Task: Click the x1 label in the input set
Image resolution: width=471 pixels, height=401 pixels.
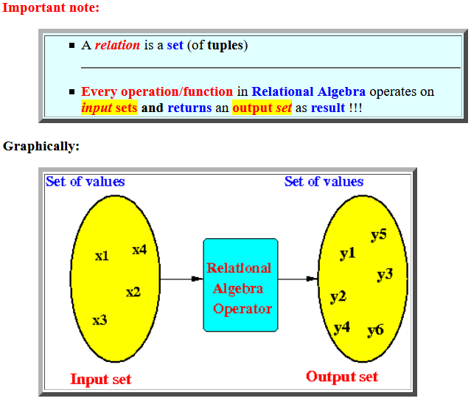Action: pyautogui.click(x=102, y=256)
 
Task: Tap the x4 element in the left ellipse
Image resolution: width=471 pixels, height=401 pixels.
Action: pyautogui.click(x=139, y=250)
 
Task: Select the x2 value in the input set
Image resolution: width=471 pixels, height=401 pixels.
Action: pyautogui.click(x=133, y=292)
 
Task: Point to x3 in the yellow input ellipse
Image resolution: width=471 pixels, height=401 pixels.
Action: pyautogui.click(x=100, y=320)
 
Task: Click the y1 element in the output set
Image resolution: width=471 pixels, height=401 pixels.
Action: pyautogui.click(x=347, y=254)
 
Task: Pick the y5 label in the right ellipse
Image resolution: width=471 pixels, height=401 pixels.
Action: pyautogui.click(x=378, y=235)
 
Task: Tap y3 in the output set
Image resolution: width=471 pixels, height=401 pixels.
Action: pyautogui.click(x=384, y=274)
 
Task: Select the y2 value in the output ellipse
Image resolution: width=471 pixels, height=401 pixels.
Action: pyautogui.click(x=338, y=297)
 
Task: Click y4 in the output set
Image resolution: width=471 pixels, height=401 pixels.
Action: pyautogui.click(x=341, y=327)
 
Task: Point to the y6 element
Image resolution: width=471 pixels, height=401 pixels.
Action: pyautogui.click(x=375, y=329)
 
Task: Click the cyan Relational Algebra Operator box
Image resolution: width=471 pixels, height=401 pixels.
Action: pyautogui.click(x=240, y=285)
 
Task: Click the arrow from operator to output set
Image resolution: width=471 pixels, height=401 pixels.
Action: pyautogui.click(x=298, y=279)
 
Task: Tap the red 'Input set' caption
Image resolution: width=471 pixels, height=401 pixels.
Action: pyautogui.click(x=101, y=380)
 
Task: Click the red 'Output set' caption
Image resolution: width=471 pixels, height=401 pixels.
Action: pyautogui.click(x=342, y=377)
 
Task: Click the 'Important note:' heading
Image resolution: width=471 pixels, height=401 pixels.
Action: pyautogui.click(x=50, y=8)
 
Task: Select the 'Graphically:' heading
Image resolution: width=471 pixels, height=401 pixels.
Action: pyautogui.click(x=41, y=146)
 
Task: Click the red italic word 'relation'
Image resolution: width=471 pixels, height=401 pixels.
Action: pyautogui.click(x=117, y=45)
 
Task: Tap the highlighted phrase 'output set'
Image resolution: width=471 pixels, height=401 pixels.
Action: pyautogui.click(x=262, y=108)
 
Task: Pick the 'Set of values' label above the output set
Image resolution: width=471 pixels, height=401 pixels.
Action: pyautogui.click(x=324, y=181)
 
